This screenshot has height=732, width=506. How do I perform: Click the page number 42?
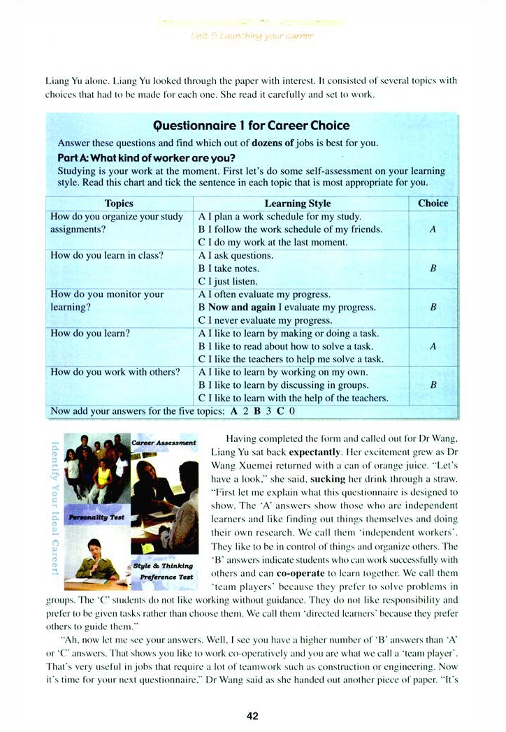253,715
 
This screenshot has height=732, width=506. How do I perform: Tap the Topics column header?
119,203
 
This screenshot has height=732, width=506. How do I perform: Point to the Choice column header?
433,203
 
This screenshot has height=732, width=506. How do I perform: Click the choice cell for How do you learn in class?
433,268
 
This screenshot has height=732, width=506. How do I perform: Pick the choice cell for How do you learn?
433,346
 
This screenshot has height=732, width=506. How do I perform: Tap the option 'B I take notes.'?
229,268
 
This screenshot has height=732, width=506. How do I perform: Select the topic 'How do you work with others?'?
115,372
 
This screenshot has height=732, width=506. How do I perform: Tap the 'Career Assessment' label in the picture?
164,443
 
